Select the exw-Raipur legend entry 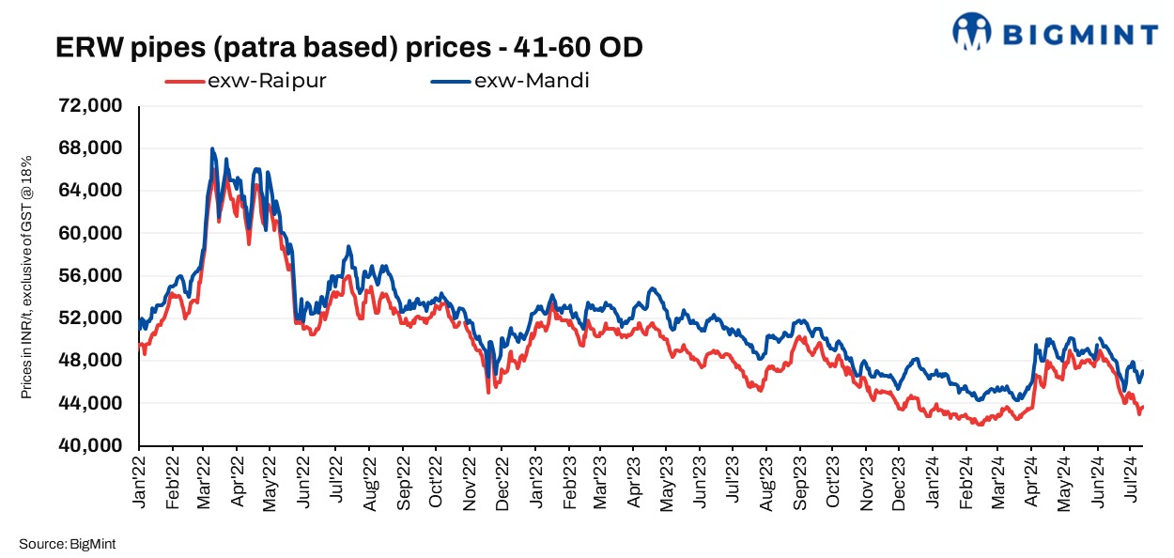(245, 81)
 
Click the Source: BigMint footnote (66, 543)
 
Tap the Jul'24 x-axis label (1134, 484)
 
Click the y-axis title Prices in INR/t (27, 275)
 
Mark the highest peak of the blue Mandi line (212, 148)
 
